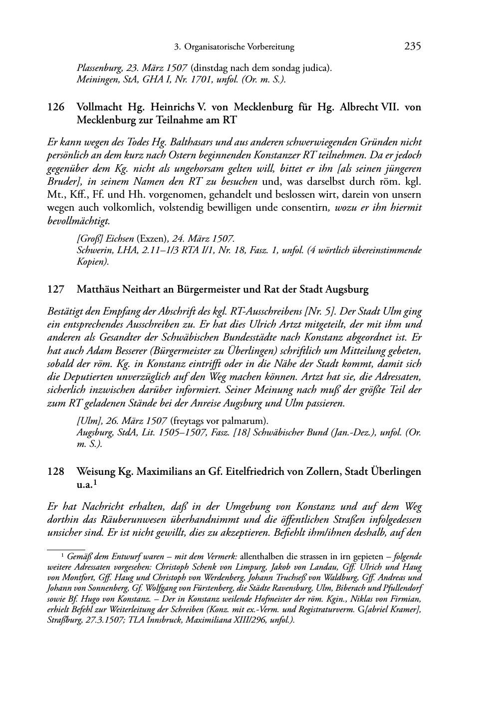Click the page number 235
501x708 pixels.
[413, 47]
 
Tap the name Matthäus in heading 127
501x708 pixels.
[96, 289]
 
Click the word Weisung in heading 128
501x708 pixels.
[95, 471]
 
